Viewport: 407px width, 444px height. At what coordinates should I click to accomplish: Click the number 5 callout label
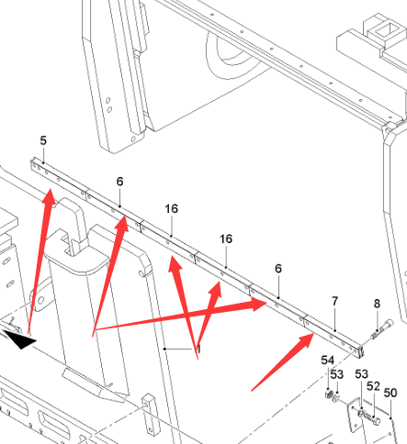tap(43, 140)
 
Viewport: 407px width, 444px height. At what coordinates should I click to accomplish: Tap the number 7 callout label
tap(334, 302)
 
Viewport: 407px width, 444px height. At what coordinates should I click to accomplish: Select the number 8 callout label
tap(377, 304)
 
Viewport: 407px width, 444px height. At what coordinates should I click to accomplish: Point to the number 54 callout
tap(327, 361)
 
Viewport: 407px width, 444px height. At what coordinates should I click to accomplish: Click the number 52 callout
tap(373, 386)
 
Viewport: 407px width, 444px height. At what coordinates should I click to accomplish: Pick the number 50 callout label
tap(390, 393)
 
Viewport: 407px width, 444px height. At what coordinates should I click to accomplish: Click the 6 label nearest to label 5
tap(119, 182)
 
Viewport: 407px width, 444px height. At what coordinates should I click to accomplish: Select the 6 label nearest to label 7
tap(278, 269)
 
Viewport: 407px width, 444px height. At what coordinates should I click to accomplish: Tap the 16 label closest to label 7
tap(226, 239)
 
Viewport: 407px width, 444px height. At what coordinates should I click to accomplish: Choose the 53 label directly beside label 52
tap(362, 374)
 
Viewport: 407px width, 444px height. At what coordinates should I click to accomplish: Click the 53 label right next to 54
tap(337, 374)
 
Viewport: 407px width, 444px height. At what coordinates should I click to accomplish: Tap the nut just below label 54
tap(329, 394)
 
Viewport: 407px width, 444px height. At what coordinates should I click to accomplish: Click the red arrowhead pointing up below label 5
tap(49, 198)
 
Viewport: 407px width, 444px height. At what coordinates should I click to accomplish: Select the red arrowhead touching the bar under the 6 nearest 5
tap(122, 224)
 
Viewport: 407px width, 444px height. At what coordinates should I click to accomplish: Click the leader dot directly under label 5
tap(43, 162)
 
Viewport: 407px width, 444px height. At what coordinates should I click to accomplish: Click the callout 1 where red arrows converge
tap(199, 349)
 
